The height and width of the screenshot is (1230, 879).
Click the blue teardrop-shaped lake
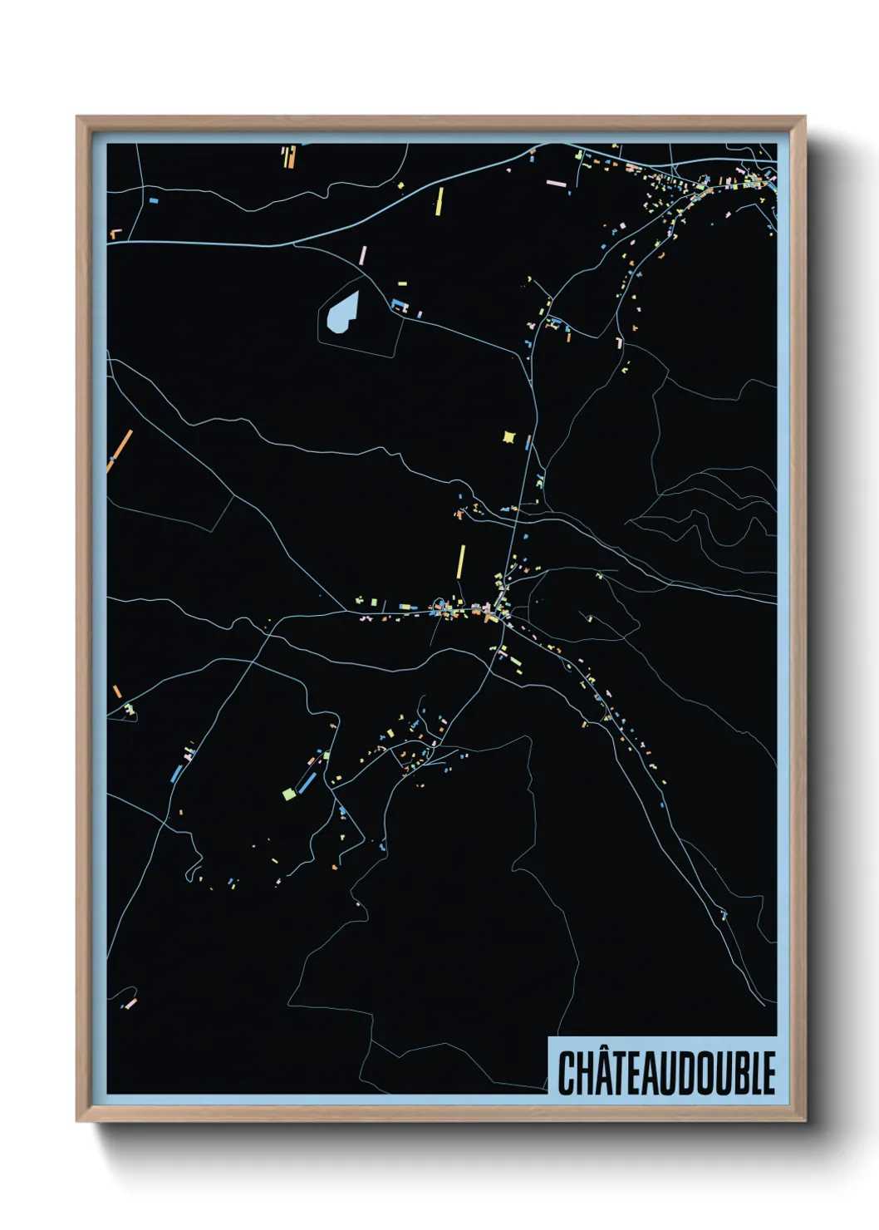pyautogui.click(x=342, y=313)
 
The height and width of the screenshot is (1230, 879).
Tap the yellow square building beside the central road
pyautogui.click(x=509, y=436)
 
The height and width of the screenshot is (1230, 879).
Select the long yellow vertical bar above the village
pyautogui.click(x=462, y=561)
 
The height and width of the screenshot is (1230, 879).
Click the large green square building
pyautogui.click(x=288, y=794)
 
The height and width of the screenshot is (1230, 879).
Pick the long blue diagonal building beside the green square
pyautogui.click(x=307, y=782)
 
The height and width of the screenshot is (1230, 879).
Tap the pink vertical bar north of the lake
pyautogui.click(x=362, y=254)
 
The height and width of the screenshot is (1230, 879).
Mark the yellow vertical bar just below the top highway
pyautogui.click(x=439, y=201)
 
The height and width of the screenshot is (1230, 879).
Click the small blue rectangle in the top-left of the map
pyautogui.click(x=153, y=200)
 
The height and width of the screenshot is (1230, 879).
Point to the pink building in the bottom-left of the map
pyautogui.click(x=130, y=1003)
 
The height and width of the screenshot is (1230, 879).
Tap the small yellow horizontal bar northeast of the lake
pyautogui.click(x=402, y=284)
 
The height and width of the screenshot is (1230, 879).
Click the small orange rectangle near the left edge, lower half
pyautogui.click(x=117, y=691)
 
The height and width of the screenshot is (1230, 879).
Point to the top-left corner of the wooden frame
pyautogui.click(x=77, y=117)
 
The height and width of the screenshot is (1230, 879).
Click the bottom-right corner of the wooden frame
pyautogui.click(x=804, y=1120)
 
